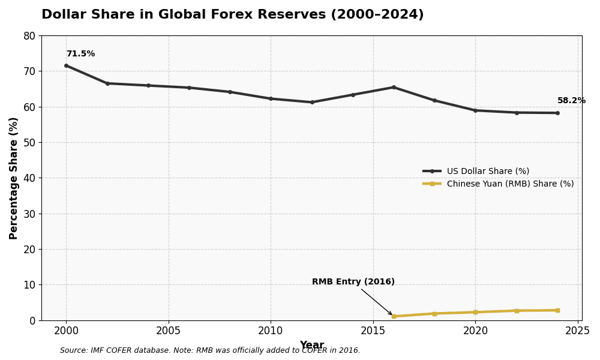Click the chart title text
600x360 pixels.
click(x=232, y=15)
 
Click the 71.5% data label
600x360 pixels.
click(x=80, y=54)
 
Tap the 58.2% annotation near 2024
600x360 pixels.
click(x=571, y=101)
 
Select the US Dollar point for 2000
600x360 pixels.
click(x=67, y=65)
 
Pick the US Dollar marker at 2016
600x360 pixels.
click(x=394, y=87)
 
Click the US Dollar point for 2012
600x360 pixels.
click(x=312, y=102)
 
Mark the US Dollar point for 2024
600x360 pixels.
click(x=557, y=113)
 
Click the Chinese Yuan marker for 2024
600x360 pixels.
click(x=557, y=310)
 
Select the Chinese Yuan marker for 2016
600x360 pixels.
click(x=394, y=316)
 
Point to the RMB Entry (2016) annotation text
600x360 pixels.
click(x=353, y=282)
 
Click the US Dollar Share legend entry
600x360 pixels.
click(x=488, y=171)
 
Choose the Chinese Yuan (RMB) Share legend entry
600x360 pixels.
click(x=510, y=184)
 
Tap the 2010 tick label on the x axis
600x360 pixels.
click(x=271, y=331)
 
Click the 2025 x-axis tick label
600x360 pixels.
click(x=578, y=331)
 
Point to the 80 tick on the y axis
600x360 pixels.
click(x=29, y=36)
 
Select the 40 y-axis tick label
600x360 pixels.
click(x=29, y=178)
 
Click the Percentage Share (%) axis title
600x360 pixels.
click(x=14, y=178)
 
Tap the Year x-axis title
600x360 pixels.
click(x=311, y=345)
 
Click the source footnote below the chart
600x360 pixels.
click(x=210, y=350)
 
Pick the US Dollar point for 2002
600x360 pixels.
click(x=107, y=83)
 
